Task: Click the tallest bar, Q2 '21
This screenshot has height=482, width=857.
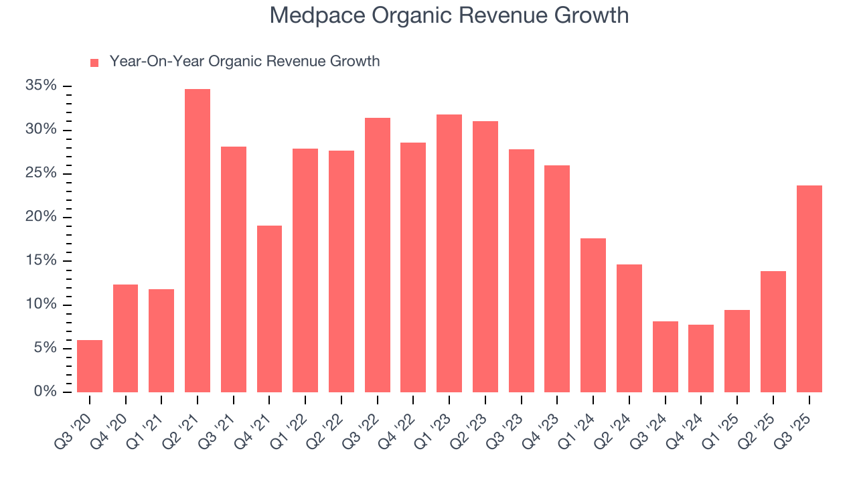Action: point(198,241)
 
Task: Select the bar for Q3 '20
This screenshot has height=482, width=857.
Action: point(90,366)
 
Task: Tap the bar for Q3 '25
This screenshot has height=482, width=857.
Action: point(809,289)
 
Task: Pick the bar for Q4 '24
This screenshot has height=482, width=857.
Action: point(701,358)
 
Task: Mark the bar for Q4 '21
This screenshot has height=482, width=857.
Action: point(269,309)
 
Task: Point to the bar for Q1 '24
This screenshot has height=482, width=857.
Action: point(593,315)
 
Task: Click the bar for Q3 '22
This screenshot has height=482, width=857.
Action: point(378,255)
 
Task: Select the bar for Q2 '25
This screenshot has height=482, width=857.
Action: point(773,331)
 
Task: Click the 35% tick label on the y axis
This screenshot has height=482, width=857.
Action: point(41,86)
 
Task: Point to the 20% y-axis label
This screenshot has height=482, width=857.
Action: point(41,217)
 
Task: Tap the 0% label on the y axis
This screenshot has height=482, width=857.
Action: point(45,392)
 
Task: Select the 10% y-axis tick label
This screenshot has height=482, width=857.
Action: point(41,305)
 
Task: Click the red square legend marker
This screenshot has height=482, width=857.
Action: point(94,63)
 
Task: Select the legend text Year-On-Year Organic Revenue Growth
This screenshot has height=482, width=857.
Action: point(244,62)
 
